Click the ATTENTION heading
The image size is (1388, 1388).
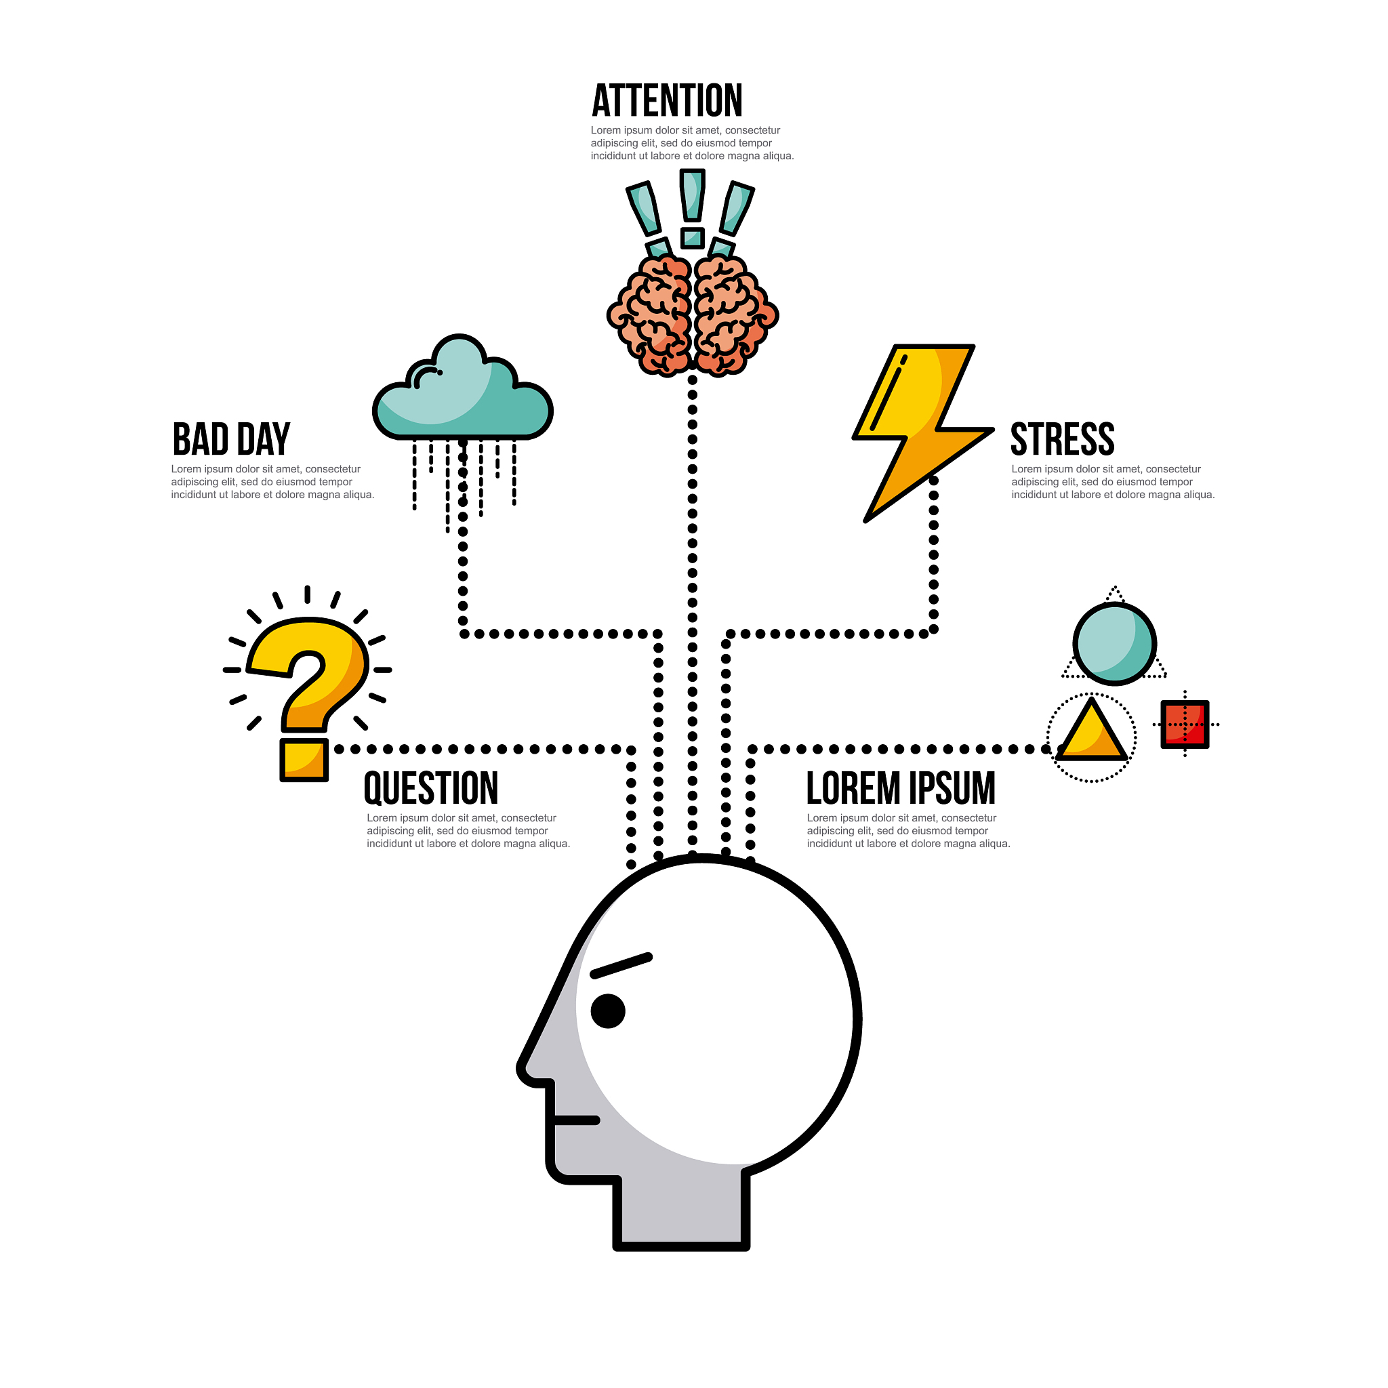[x=667, y=100]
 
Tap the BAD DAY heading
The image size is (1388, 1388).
[x=231, y=439]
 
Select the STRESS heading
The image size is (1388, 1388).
[x=1063, y=439]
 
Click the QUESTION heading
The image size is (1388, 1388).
[x=431, y=788]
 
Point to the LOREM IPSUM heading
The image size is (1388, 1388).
[x=901, y=788]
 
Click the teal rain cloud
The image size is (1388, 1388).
[x=463, y=388]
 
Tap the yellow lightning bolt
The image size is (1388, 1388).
[x=922, y=433]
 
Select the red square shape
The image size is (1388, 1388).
[x=1185, y=724]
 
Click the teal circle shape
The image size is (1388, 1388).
[x=1114, y=644]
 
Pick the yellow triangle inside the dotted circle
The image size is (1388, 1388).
[x=1091, y=730]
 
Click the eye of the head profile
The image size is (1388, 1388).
[x=608, y=1011]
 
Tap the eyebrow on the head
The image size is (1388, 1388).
[x=621, y=966]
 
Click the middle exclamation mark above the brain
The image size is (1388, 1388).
[x=692, y=209]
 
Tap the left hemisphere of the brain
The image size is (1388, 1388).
[x=649, y=316]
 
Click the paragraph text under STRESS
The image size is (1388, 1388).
[x=1113, y=482]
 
